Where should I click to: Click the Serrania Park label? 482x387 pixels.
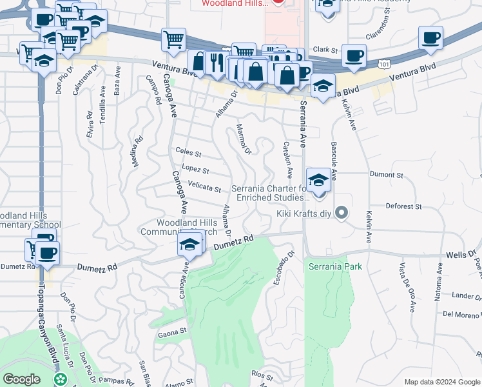(335, 266)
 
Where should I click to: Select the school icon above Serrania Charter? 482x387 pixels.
(318, 181)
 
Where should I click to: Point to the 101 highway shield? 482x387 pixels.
(384, 64)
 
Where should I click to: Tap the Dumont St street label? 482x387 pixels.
(386, 175)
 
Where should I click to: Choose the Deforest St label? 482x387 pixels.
(403, 206)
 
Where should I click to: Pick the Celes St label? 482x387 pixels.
(188, 154)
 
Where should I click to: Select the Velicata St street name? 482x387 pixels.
(204, 187)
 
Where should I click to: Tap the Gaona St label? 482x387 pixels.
(171, 333)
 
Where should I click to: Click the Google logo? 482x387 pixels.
(21, 379)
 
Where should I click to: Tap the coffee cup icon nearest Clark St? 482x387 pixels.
(353, 55)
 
